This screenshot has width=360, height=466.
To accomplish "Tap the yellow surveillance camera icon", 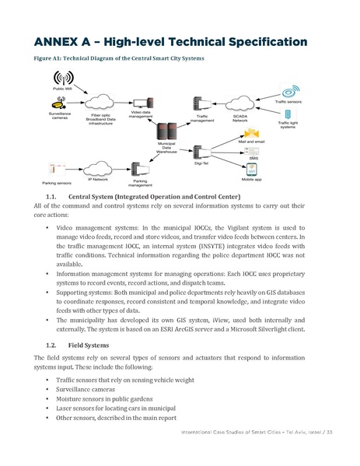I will tap(59, 103).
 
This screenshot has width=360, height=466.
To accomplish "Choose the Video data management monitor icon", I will tap(141, 102).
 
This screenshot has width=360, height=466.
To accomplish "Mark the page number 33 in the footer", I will tap(330, 453).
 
